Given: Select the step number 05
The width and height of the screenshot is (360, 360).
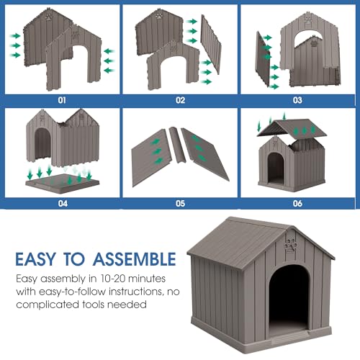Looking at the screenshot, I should (x=180, y=204).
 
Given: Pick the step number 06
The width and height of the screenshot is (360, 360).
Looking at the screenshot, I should (x=298, y=204).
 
